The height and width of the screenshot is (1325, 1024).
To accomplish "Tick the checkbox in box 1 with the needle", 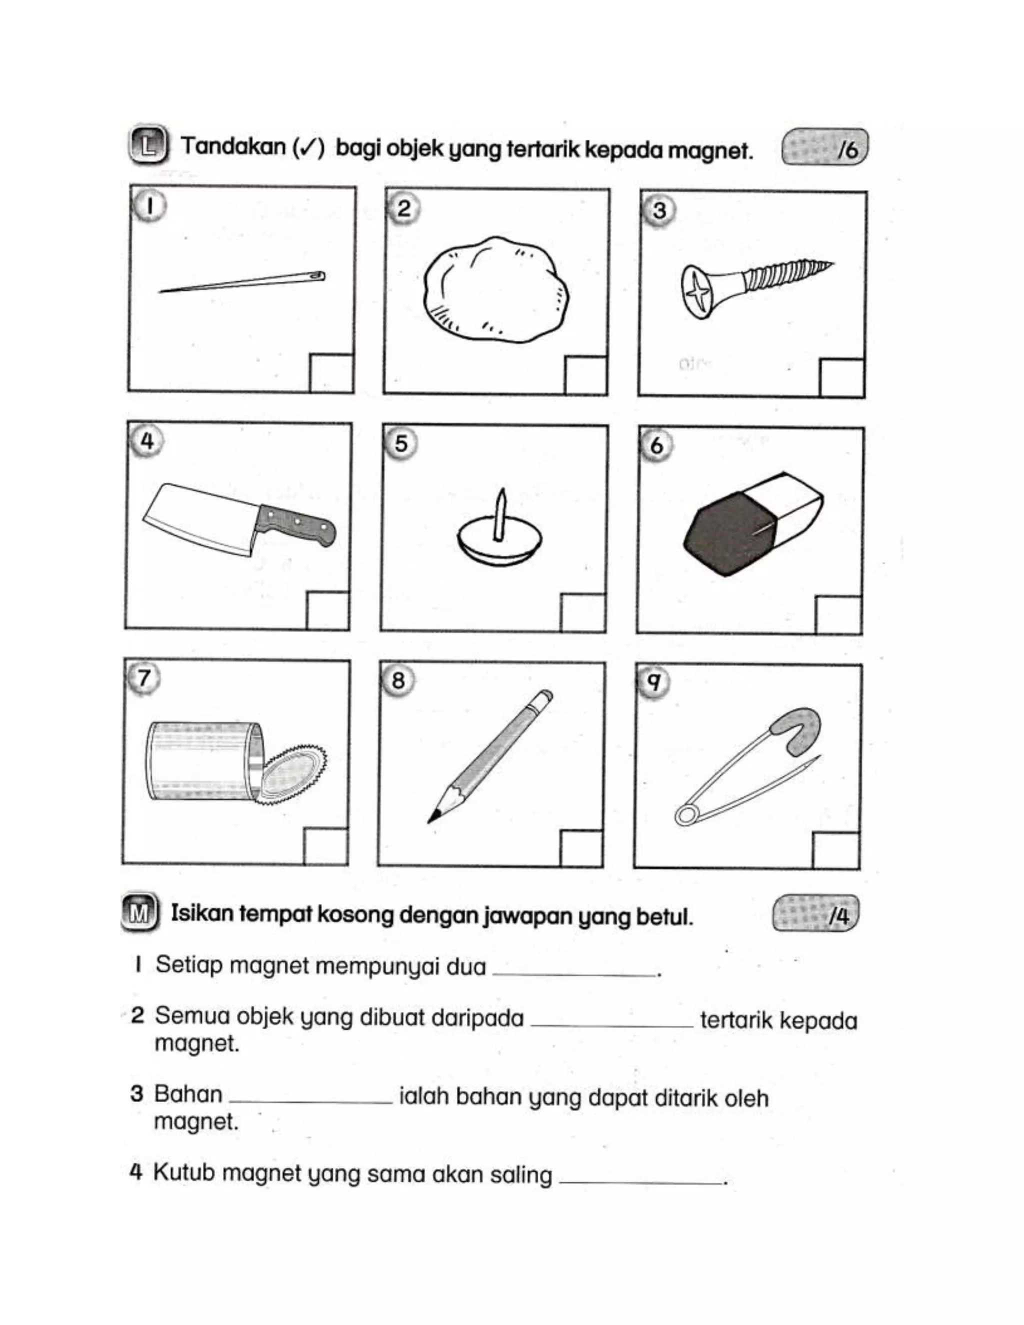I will click(331, 373).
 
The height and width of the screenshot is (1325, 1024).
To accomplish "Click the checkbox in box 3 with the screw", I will click(841, 378).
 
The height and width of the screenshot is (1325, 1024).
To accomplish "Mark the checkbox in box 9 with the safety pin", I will click(835, 850).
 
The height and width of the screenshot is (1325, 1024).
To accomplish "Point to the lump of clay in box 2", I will click(496, 290).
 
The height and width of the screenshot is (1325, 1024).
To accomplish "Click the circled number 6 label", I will click(657, 445).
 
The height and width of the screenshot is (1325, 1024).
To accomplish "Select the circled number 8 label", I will click(398, 680).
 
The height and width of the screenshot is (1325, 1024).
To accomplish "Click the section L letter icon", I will click(147, 146).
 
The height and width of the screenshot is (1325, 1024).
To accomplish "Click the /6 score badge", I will click(825, 147).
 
